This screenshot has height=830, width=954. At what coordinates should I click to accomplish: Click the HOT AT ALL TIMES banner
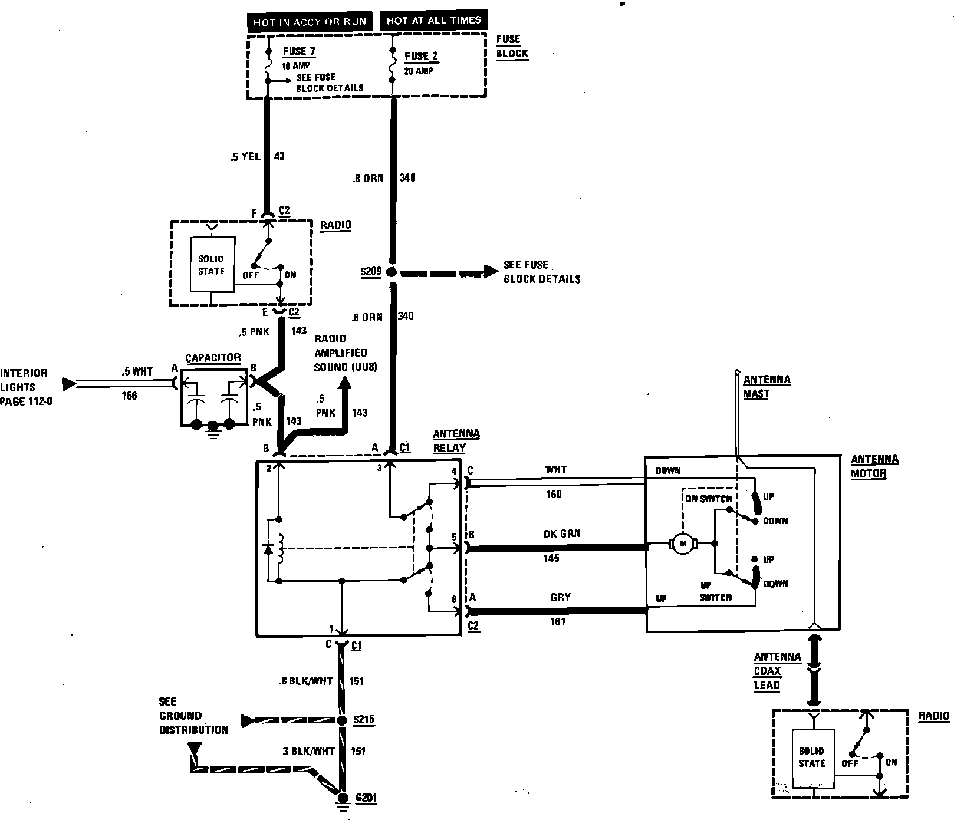tap(434, 21)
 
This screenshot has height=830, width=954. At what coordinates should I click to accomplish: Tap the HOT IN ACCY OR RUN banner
tap(310, 22)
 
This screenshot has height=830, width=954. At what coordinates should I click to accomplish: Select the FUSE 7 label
tap(299, 51)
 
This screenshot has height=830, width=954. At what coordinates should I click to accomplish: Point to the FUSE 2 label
tap(421, 57)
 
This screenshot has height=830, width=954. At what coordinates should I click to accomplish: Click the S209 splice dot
tap(392, 272)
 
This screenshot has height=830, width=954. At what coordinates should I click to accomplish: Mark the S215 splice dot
tap(341, 720)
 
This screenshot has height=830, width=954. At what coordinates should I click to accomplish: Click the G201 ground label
tap(366, 799)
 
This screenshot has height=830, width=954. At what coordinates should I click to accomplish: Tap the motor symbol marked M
tap(683, 544)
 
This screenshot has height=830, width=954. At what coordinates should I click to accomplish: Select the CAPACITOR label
tap(213, 358)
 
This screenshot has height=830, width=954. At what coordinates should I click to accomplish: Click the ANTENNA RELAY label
tap(456, 441)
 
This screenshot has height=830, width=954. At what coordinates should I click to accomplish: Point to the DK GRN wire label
tap(562, 534)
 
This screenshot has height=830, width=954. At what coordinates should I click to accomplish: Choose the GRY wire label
tap(560, 597)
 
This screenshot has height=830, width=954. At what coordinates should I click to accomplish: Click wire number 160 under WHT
tap(554, 495)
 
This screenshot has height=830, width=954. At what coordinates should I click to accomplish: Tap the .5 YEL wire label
tap(245, 157)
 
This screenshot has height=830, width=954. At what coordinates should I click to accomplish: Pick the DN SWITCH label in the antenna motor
tap(708, 499)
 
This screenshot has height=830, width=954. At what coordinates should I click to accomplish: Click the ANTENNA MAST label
tap(766, 387)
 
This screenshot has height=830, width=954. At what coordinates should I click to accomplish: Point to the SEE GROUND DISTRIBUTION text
tap(193, 716)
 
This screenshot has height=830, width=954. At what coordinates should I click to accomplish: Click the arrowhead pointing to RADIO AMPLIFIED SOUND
tap(344, 385)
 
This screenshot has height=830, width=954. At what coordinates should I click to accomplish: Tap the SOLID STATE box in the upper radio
tap(211, 265)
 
